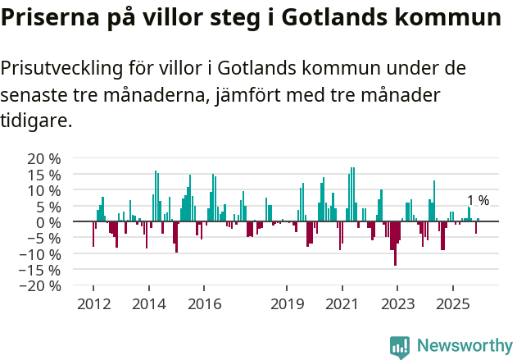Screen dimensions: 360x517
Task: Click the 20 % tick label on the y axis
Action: pos(43,158)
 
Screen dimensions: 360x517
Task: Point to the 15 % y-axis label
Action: pos(43,175)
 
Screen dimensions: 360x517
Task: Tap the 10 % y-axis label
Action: pos(43,190)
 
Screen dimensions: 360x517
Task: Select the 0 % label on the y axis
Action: pos(48,222)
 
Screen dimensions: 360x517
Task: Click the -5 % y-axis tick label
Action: pos(43,239)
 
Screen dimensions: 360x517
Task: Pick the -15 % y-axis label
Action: pos(39,270)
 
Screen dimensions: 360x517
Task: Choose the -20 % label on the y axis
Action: pos(39,286)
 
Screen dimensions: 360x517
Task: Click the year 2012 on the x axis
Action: pos(93,304)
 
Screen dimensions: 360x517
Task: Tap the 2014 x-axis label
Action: pos(148,304)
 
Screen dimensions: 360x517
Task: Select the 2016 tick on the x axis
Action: pos(204,304)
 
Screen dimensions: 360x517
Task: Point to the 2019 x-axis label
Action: pos(287,304)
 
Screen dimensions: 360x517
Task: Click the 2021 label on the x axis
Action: pos(342,304)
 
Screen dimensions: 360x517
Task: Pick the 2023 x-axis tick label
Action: pos(397,304)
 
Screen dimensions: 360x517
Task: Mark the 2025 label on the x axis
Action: pos(453,304)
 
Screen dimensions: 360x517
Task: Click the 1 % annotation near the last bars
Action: pos(478,201)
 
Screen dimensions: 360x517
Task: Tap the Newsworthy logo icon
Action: pos(400,346)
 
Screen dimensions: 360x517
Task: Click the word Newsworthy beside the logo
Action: pos(464,346)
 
